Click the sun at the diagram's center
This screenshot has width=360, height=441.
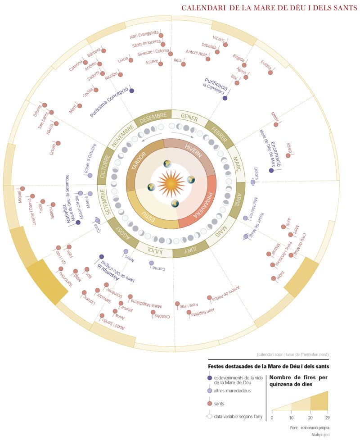[x=171, y=183]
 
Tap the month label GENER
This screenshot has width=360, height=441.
[x=189, y=116]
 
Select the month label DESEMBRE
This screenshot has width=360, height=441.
[x=153, y=117]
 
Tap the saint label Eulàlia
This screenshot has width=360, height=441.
[x=266, y=66]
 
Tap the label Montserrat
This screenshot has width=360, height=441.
[x=256, y=205]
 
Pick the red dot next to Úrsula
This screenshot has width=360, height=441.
[x=58, y=143]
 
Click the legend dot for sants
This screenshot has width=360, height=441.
[x=209, y=404]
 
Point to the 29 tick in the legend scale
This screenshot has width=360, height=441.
[x=327, y=418]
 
